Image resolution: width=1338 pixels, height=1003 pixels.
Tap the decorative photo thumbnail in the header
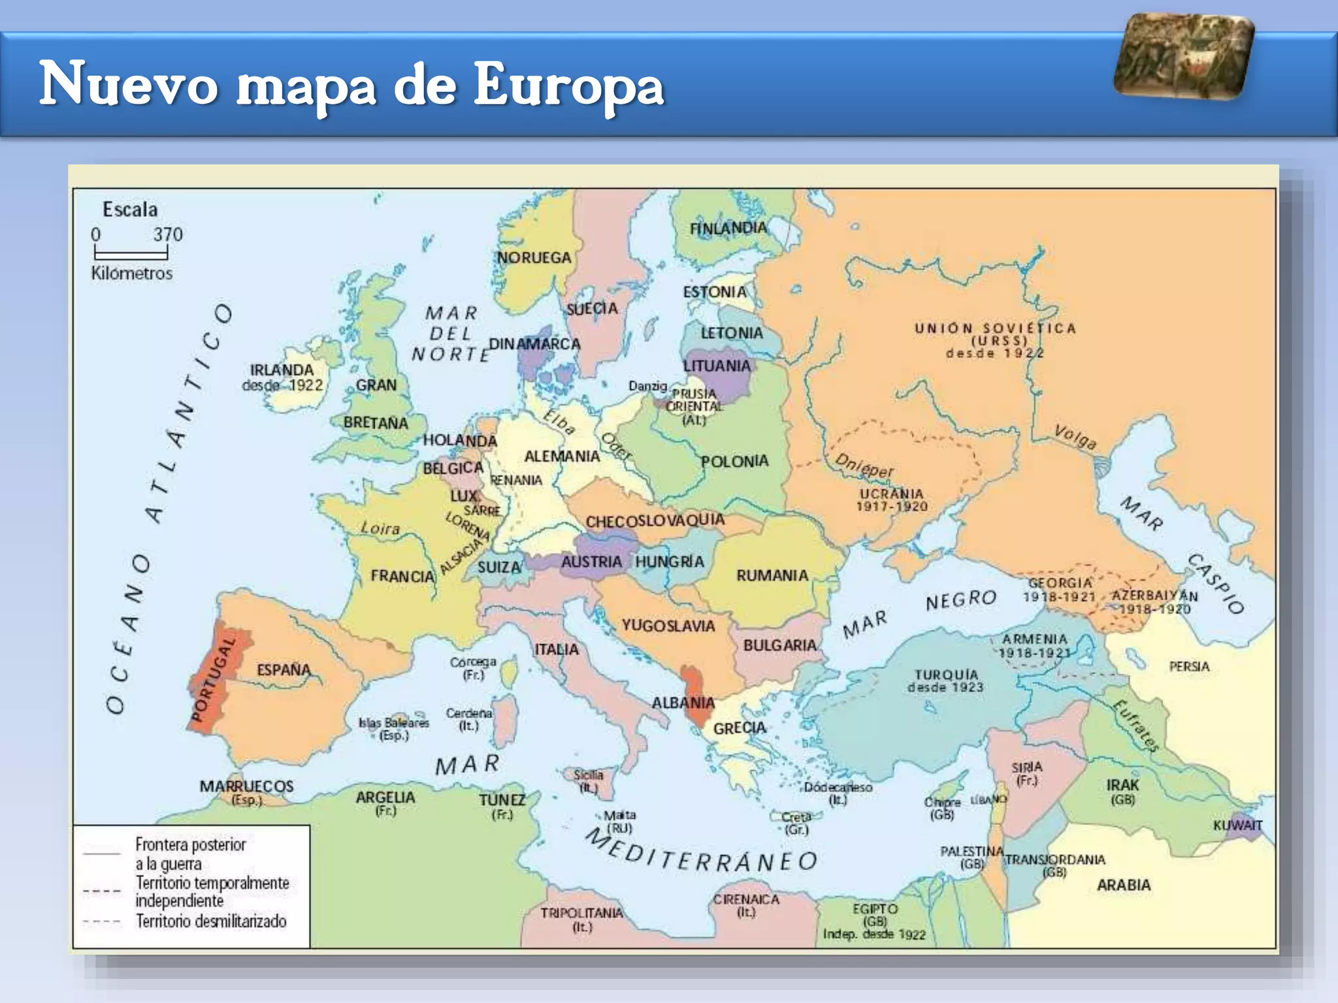[1184, 57]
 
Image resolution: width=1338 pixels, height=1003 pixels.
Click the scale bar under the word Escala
[131, 252]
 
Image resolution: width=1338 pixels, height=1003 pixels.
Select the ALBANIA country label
[683, 703]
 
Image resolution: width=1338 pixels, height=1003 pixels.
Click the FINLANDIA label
[728, 228]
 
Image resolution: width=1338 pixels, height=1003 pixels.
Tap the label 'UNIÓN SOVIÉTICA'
[994, 328]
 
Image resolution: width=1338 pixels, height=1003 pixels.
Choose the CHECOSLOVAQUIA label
[655, 520]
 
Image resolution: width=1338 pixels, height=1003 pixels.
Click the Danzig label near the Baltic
[647, 386]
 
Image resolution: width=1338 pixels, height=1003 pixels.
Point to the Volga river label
[1075, 437]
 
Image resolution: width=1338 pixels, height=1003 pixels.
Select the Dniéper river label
[864, 466]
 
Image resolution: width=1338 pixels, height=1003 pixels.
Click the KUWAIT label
[1237, 825]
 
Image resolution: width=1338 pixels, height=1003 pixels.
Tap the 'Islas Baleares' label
[394, 728]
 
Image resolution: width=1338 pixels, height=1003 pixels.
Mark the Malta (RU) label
[619, 821]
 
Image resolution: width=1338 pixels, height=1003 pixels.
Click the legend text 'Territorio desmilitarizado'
[211, 921]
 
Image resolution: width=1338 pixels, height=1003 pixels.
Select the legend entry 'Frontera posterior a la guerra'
[190, 853]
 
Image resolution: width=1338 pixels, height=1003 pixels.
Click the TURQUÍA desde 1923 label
[945, 680]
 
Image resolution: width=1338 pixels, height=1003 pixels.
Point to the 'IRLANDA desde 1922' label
[282, 377]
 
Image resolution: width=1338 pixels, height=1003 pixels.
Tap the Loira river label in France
[380, 528]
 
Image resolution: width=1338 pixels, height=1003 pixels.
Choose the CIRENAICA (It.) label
[746, 905]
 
